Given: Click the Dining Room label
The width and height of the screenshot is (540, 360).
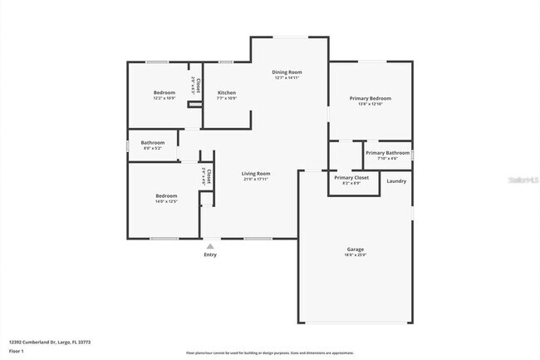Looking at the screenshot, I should (x=287, y=72).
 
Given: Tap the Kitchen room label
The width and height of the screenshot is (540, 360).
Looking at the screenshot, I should (x=227, y=92).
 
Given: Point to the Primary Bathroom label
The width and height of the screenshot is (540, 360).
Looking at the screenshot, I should (x=387, y=153).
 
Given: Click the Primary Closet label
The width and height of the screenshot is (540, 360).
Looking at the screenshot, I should (x=351, y=177).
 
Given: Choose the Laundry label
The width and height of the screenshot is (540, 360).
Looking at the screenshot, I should (x=396, y=180).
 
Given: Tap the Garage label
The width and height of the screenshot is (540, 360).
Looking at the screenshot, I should (x=356, y=249).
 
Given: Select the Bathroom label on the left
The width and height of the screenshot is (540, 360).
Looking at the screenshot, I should (x=153, y=142).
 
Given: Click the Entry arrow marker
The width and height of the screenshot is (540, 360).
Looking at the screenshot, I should (x=210, y=246).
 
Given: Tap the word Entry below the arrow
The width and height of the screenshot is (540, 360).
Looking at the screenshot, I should (x=210, y=254).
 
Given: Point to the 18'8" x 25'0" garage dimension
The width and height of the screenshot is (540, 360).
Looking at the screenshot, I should (x=356, y=255).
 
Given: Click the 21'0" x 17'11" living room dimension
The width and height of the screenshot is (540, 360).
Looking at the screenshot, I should (x=257, y=179).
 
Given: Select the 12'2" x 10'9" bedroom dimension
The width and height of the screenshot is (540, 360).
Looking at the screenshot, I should (x=164, y=98).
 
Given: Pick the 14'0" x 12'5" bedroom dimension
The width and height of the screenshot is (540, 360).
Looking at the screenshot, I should (x=166, y=201).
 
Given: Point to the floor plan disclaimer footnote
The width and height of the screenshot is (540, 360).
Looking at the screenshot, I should (x=270, y=353).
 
